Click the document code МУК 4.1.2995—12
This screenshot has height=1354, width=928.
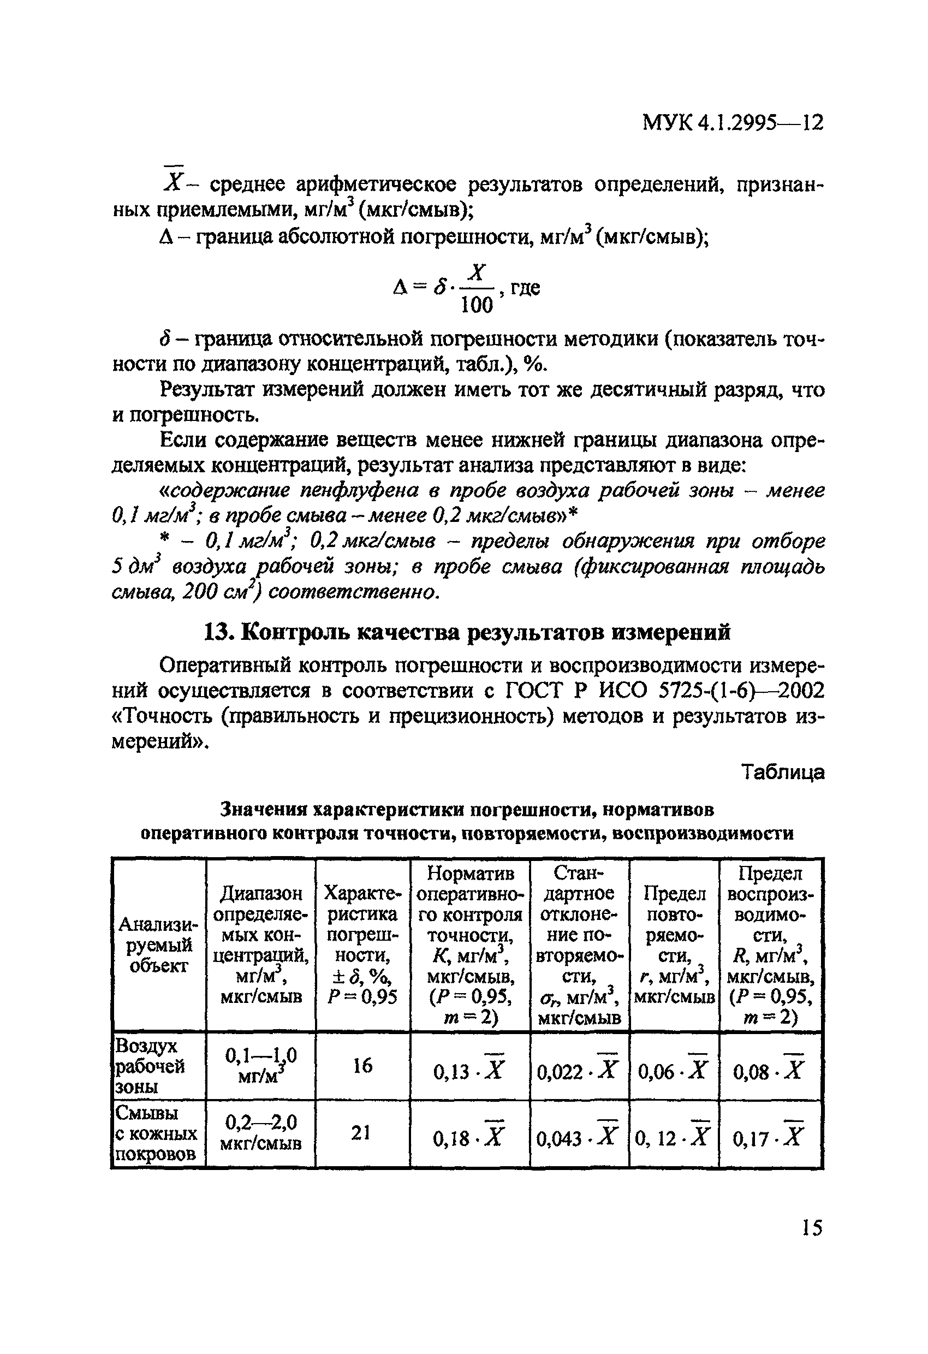(732, 123)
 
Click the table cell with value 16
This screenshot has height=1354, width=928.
(362, 1066)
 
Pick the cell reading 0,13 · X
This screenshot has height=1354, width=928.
(469, 1070)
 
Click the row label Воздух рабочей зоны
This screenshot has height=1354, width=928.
(150, 1066)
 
